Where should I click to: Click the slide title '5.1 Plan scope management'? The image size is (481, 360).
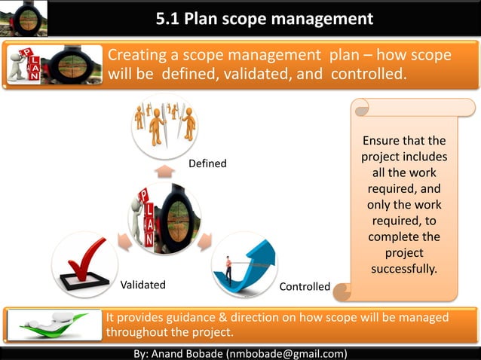click(x=264, y=18)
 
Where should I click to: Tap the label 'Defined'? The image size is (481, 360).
click(x=207, y=163)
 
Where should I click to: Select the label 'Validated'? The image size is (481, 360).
click(x=143, y=285)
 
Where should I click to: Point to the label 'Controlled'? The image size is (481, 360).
click(x=305, y=286)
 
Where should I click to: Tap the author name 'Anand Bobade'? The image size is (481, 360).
click(x=187, y=353)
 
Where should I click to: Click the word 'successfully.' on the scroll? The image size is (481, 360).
click(x=404, y=269)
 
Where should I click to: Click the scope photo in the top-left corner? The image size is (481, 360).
click(x=24, y=18)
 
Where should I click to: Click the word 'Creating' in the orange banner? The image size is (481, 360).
click(x=135, y=56)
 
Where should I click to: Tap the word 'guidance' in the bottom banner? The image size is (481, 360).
click(x=191, y=317)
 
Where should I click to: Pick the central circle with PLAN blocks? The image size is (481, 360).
click(x=164, y=218)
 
